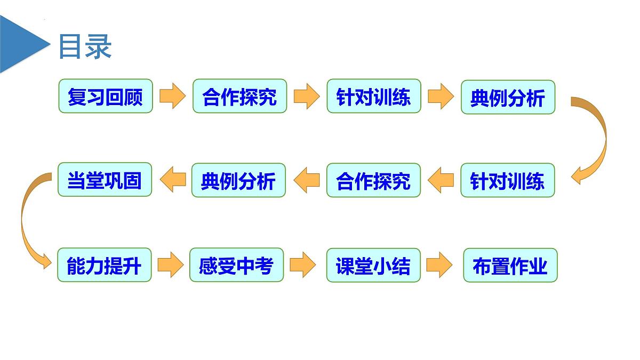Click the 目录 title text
(85, 46)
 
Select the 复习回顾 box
(106, 96)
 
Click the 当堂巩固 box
(105, 179)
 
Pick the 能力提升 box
(105, 265)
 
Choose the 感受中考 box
(237, 265)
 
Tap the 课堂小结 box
(373, 265)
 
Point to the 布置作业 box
(510, 265)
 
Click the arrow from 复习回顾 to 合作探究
(173, 96)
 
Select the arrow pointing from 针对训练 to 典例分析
(441, 96)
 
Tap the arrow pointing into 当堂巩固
(173, 180)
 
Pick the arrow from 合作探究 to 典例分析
(307, 180)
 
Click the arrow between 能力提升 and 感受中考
(171, 265)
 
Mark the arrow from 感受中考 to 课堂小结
(302, 265)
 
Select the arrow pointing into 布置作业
(439, 265)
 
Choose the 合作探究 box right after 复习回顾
(239, 96)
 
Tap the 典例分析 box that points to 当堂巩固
(238, 180)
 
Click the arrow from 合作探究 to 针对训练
(307, 96)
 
